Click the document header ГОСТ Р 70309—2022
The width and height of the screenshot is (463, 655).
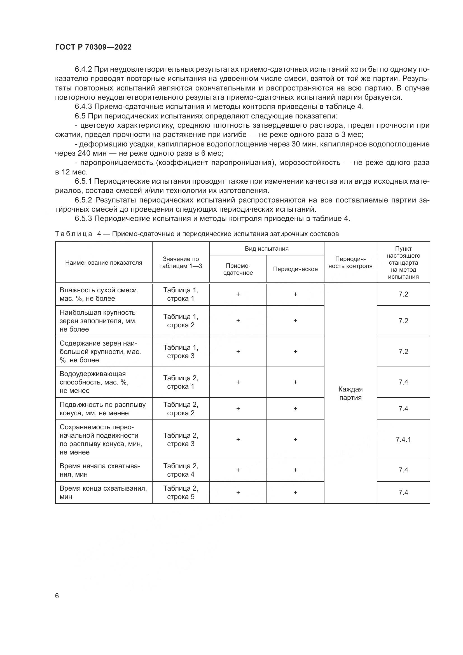pos(93,47)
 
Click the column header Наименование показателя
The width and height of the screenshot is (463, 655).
pos(104,263)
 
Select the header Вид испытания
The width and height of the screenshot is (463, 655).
pos(266,248)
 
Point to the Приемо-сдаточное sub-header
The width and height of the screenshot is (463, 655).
pos(238,269)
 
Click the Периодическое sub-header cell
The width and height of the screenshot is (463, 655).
pos(295,269)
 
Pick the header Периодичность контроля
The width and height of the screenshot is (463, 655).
pos(350,263)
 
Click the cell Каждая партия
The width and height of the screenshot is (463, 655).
pos(350,393)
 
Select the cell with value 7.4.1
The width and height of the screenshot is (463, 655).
pos(403,439)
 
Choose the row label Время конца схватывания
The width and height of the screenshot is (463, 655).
pos(103,492)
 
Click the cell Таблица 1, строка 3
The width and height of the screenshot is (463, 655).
pos(181,351)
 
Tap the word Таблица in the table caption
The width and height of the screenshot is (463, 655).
pos(74,234)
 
